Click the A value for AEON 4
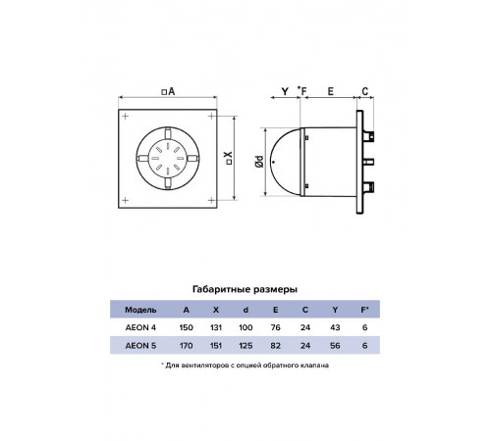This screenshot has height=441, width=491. click(x=186, y=327)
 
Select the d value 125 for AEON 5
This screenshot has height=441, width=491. click(x=245, y=346)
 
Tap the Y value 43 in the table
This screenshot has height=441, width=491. click(x=335, y=327)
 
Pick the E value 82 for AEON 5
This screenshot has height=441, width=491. click(x=275, y=346)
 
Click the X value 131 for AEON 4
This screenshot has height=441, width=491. click(x=216, y=327)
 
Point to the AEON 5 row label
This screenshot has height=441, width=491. click(x=140, y=346)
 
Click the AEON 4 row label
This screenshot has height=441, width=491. click(x=140, y=327)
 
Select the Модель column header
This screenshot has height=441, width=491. click(x=140, y=310)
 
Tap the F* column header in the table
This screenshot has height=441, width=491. click(x=364, y=310)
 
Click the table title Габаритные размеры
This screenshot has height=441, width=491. click(x=245, y=289)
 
